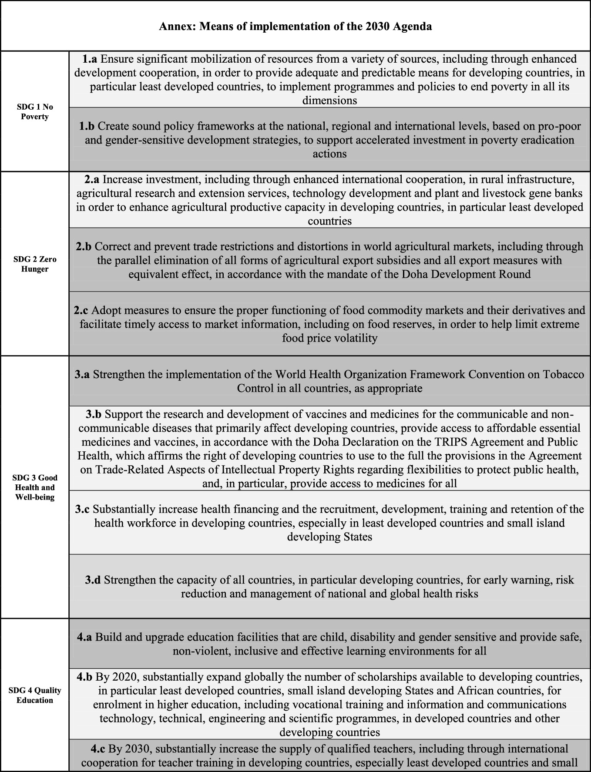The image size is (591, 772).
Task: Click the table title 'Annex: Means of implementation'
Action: click(x=295, y=27)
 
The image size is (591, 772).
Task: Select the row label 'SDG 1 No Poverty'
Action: click(x=35, y=112)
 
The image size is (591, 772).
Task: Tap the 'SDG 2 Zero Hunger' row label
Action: click(x=35, y=264)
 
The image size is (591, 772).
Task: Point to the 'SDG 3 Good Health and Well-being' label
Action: click(x=35, y=487)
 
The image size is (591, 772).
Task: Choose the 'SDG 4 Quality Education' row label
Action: click(x=35, y=695)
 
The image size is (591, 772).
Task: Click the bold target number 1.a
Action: click(x=90, y=59)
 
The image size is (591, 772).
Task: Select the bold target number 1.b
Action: click(x=87, y=126)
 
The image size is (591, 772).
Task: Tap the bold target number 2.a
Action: click(x=92, y=179)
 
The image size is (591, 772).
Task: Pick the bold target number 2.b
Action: click(x=84, y=247)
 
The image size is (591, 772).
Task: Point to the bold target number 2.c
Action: click(x=81, y=310)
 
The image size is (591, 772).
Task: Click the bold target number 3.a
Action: click(x=82, y=374)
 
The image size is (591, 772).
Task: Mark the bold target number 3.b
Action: click(x=94, y=414)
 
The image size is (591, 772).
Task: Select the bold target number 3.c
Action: click(x=82, y=509)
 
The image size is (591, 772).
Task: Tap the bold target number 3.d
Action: click(x=93, y=580)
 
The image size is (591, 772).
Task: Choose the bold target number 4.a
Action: click(x=84, y=638)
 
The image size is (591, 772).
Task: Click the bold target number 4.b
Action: click(x=84, y=677)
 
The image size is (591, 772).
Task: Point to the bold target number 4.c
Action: click(x=98, y=749)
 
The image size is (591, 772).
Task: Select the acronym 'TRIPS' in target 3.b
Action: click(x=449, y=442)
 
